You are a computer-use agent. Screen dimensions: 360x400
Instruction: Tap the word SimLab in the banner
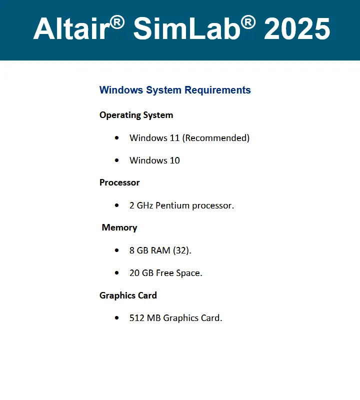(x=187, y=28)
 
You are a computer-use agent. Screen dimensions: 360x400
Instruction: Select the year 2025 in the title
(x=297, y=28)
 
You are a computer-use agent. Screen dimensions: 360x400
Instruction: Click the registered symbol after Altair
(x=117, y=22)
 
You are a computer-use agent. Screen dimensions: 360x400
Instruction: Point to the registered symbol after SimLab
(x=248, y=22)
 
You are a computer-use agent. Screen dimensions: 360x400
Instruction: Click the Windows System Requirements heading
(x=175, y=90)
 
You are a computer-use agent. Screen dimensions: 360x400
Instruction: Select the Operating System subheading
(x=136, y=115)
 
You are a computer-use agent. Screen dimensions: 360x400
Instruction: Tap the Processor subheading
(x=119, y=182)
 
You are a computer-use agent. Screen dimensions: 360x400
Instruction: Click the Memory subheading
(x=119, y=227)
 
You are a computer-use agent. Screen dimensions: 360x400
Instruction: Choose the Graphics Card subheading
(x=128, y=295)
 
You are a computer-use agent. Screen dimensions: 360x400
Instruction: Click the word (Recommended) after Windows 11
(x=216, y=138)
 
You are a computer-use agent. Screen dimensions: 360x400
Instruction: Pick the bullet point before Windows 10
(x=117, y=160)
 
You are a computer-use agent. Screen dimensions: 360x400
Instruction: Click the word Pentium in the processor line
(x=172, y=205)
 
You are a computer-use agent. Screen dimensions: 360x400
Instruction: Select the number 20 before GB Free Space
(x=134, y=273)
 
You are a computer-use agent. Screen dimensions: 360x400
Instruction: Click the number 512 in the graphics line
(x=137, y=318)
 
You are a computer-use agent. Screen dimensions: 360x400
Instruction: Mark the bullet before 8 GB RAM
(x=117, y=250)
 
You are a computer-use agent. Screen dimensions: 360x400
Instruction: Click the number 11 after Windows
(x=174, y=138)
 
